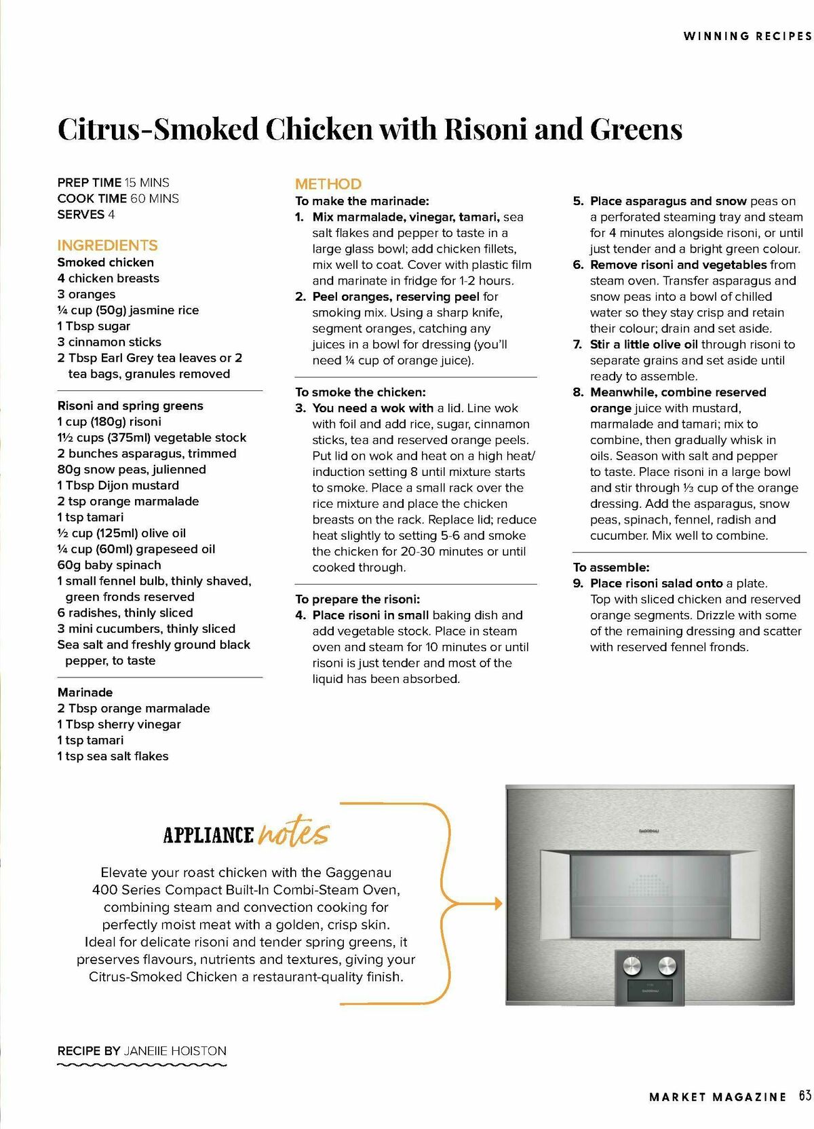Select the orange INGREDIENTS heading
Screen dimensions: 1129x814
(x=107, y=245)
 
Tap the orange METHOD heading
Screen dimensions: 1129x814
(x=328, y=184)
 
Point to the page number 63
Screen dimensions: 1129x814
(x=805, y=1096)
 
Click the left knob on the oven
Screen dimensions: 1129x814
(x=632, y=964)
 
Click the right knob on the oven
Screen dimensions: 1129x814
(x=667, y=964)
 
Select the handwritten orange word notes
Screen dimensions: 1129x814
(x=294, y=833)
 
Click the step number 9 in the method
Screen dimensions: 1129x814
(x=578, y=583)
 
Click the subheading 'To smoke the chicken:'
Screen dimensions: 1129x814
(x=360, y=392)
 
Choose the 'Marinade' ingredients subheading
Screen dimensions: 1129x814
(x=85, y=692)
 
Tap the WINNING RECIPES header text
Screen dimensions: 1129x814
(x=747, y=36)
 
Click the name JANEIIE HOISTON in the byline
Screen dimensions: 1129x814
(x=175, y=1051)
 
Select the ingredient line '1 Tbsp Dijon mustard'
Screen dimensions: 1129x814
(x=118, y=485)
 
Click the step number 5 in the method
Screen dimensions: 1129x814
(x=578, y=201)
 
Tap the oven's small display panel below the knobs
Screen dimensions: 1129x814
(x=650, y=990)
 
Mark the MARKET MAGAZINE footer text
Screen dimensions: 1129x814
(x=718, y=1096)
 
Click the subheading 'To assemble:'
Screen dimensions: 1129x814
(x=611, y=568)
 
